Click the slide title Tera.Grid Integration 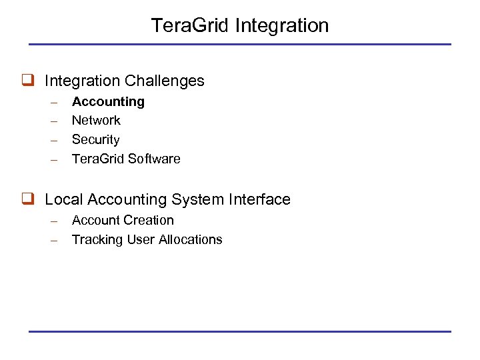pyautogui.click(x=239, y=25)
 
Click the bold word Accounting pyautogui.click(x=108, y=101)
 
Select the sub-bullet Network pyautogui.click(x=96, y=121)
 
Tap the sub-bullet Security pyautogui.click(x=95, y=140)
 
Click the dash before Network pyautogui.click(x=57, y=121)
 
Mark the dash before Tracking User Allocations pyautogui.click(x=57, y=240)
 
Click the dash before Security pyautogui.click(x=57, y=141)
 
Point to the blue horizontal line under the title pyautogui.click(x=239, y=45)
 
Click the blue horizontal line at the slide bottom pyautogui.click(x=239, y=331)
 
